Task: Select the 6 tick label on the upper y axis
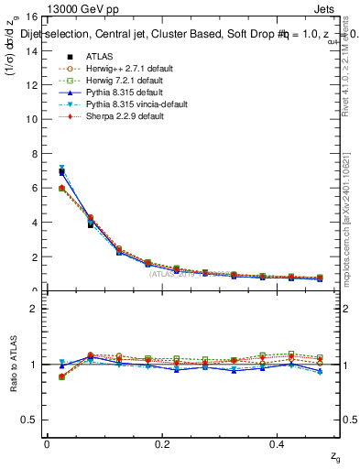click(x=35, y=188)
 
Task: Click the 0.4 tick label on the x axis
click(x=278, y=444)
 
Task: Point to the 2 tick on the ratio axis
click(x=35, y=309)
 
